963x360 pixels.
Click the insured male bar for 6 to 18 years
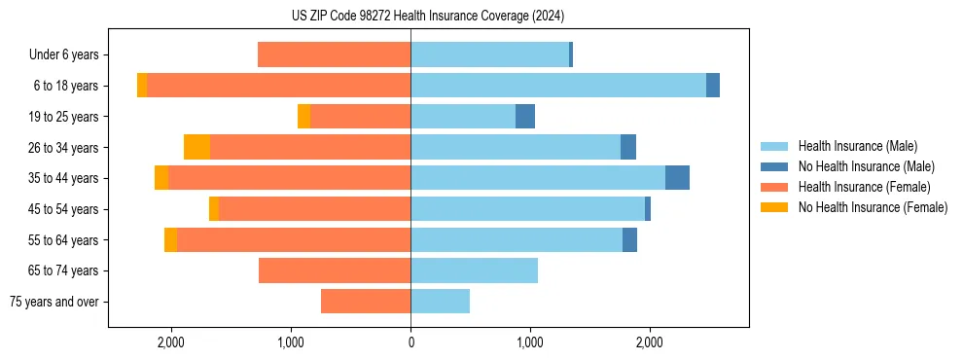558,86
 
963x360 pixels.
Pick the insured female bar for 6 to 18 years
278,86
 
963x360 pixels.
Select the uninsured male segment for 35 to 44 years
677,178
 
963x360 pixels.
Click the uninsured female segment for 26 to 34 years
196,147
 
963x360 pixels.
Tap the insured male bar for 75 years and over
440,302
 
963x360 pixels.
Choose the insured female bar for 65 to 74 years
335,270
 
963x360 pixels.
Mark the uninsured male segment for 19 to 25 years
525,117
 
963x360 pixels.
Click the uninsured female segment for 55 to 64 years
170,239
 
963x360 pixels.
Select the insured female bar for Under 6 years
334,55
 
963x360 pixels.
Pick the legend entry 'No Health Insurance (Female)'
873,207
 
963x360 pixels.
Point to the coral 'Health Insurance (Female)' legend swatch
776,187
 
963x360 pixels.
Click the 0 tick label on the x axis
410,342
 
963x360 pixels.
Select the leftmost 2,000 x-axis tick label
171,342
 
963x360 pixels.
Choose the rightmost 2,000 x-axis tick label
650,342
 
